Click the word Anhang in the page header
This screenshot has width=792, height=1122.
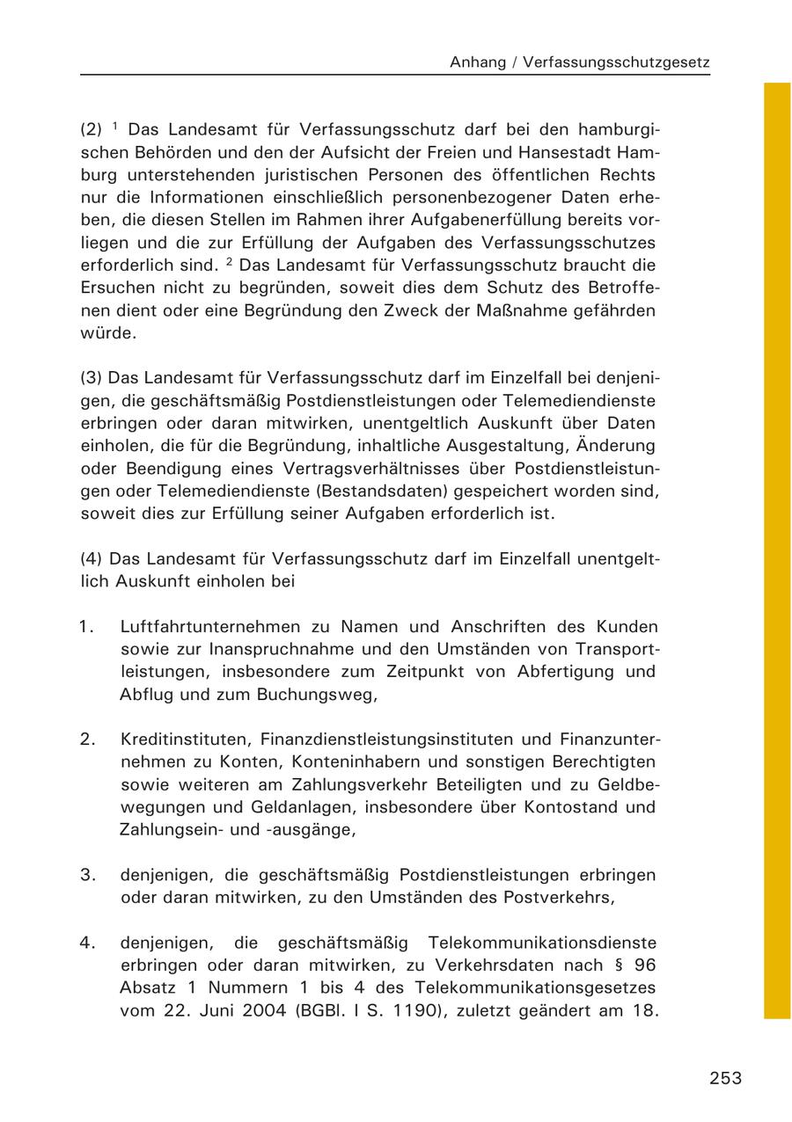tap(477, 62)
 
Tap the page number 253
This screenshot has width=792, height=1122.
tap(725, 1078)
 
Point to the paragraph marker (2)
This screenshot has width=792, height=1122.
tap(92, 129)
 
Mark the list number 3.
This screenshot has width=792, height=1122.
tap(86, 875)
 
